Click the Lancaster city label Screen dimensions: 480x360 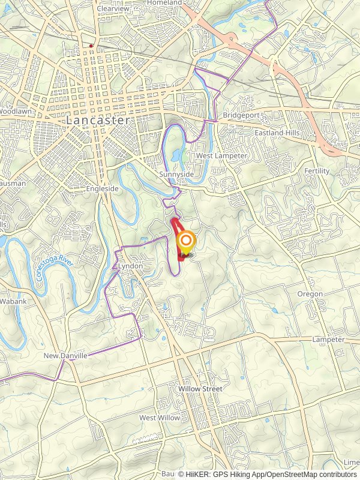coord(98,120)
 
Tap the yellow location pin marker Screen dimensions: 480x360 coord(187,242)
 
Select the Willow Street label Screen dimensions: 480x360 coord(200,389)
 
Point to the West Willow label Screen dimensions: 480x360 coord(156,418)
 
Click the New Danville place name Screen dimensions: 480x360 coord(65,356)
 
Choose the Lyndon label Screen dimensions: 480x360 coord(130,265)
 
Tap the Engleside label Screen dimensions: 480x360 coord(104,188)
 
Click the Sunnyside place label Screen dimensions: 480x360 coord(176,174)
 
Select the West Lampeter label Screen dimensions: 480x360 coord(221,156)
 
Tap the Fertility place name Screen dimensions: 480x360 coord(317,171)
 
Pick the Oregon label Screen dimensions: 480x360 coord(310,294)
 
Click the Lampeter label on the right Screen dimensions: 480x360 coord(328,340)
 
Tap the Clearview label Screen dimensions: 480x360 coord(113,9)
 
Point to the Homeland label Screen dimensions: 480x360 coord(164,3)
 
